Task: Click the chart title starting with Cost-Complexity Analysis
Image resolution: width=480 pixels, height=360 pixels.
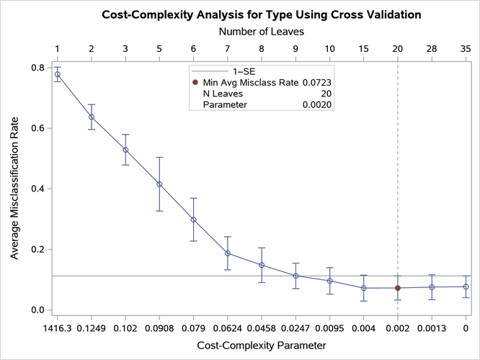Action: (x=261, y=14)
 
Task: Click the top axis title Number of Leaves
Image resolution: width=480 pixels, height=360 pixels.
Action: (x=261, y=32)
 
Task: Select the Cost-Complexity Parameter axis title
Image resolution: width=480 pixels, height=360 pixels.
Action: (x=261, y=347)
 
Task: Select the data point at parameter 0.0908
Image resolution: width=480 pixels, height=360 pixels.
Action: (x=159, y=184)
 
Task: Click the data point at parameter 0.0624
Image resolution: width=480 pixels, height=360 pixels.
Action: (x=228, y=253)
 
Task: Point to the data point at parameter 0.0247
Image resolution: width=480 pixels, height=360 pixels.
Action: (x=295, y=276)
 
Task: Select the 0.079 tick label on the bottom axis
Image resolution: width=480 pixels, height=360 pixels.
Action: (x=193, y=328)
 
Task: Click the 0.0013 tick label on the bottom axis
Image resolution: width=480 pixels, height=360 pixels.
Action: (x=432, y=328)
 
